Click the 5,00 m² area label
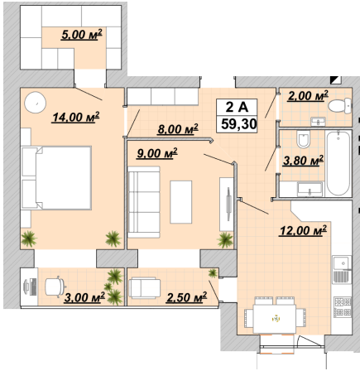point(82,35)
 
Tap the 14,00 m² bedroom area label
point(76,117)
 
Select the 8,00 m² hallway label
point(178,129)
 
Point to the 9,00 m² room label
point(157,153)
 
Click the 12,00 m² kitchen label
point(303,230)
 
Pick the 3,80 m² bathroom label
point(303,161)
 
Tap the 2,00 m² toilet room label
point(308,96)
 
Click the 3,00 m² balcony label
point(84,297)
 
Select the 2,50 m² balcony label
point(186,297)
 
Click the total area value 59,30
point(239,124)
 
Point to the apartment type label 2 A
point(237,107)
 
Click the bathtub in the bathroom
point(338,163)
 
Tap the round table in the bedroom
point(35,102)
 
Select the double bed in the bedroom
point(56,178)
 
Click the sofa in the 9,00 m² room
point(144,202)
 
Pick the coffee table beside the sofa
point(181,202)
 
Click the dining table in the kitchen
point(275,319)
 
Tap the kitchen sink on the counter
point(342,263)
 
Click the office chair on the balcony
point(55,287)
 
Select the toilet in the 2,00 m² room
point(340,106)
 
